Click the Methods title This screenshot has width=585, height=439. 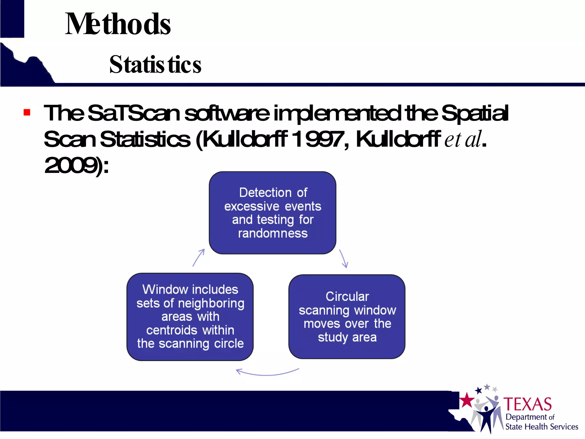point(118,24)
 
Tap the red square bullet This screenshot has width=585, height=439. point(27,112)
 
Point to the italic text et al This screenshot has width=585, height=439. point(463,139)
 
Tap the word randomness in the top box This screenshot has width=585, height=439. point(273,233)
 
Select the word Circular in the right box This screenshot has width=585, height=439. point(347,296)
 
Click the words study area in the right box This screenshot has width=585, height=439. point(347,337)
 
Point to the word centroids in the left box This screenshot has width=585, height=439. point(172,330)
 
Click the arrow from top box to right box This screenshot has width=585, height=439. point(344,259)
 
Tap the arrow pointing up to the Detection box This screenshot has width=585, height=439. point(199,258)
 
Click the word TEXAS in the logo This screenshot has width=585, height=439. point(527,404)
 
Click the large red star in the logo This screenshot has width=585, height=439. point(467,400)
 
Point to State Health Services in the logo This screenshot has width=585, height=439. point(542,427)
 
